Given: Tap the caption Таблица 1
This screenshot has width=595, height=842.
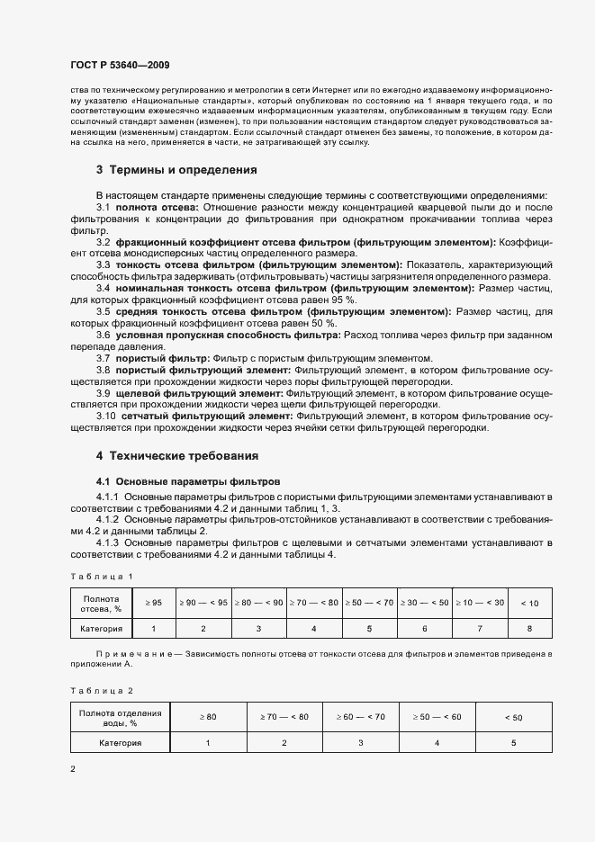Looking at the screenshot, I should click(x=101, y=576).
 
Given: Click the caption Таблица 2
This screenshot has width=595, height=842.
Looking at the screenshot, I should click(x=101, y=690).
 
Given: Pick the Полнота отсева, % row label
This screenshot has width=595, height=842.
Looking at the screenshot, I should click(x=101, y=603).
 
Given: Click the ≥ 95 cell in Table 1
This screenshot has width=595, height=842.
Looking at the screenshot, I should click(x=153, y=602).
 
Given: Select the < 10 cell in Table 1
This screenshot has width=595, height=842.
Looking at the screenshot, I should click(x=530, y=603).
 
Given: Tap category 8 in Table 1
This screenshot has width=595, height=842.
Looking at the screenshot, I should click(x=530, y=629).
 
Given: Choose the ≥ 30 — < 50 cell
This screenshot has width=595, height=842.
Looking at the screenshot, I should click(x=424, y=602).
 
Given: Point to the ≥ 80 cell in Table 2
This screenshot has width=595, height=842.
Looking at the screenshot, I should click(x=208, y=717).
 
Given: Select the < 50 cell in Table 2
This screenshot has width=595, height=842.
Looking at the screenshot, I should click(x=513, y=717).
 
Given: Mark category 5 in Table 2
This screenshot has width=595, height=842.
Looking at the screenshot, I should click(x=513, y=743).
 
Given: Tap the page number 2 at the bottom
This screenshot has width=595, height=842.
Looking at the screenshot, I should click(x=73, y=769).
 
